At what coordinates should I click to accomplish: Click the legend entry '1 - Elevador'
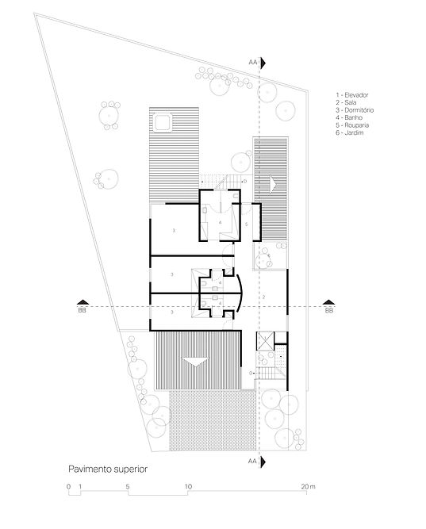(351, 95)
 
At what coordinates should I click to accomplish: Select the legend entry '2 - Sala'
(346, 102)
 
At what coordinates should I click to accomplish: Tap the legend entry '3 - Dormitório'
(355, 110)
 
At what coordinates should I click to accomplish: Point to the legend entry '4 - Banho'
(349, 117)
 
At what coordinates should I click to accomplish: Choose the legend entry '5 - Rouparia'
(352, 125)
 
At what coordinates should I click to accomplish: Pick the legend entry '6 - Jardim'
(349, 132)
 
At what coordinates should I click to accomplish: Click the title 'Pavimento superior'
(108, 469)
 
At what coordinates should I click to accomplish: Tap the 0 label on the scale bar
(69, 486)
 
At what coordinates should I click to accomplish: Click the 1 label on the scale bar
(80, 486)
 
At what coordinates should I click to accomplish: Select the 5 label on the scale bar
(128, 486)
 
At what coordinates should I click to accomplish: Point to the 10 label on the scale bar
(188, 486)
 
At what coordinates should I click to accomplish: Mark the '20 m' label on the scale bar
(308, 486)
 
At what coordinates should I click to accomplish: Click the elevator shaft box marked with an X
(265, 341)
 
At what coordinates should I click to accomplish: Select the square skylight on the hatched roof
(163, 123)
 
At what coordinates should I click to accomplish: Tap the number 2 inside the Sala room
(264, 297)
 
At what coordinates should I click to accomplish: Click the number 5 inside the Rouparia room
(247, 224)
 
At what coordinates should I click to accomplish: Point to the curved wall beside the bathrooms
(240, 292)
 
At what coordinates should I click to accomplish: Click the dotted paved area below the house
(213, 420)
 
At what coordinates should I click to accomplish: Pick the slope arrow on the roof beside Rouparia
(273, 184)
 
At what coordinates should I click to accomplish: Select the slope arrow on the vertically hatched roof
(195, 362)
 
